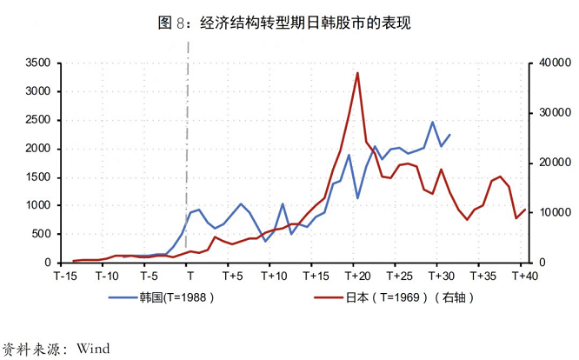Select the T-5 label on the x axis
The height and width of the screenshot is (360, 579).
click(148, 277)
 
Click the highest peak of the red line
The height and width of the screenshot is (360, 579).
click(357, 73)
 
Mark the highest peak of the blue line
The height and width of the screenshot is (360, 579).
click(432, 123)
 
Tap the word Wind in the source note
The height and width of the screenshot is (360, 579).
click(93, 349)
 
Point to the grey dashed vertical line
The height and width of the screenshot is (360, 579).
click(189, 157)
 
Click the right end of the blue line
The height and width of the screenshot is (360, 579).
click(449, 135)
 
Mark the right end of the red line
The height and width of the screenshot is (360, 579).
click(525, 209)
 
